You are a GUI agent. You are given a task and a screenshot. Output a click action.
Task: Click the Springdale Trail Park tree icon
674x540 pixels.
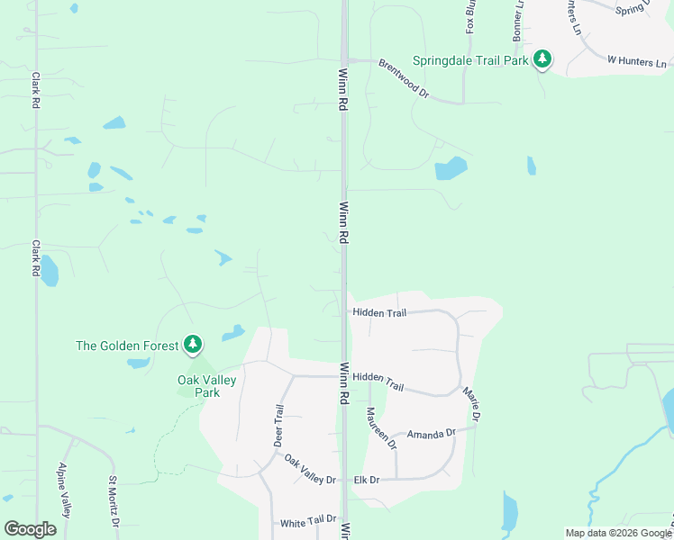click(x=542, y=60)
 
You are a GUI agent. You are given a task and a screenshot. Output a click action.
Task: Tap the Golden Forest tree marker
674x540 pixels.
click(x=192, y=344)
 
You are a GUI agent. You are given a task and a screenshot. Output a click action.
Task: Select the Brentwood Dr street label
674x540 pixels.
click(x=405, y=78)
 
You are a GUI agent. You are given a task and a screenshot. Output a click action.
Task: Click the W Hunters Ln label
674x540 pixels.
click(x=637, y=62)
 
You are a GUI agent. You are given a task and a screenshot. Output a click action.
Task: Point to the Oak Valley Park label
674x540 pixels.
click(x=206, y=386)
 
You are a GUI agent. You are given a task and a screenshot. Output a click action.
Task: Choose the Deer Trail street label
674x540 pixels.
click(x=279, y=425)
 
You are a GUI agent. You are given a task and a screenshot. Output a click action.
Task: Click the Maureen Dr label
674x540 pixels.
click(x=380, y=428)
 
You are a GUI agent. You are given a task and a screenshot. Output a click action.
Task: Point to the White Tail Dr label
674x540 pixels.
click(x=308, y=521)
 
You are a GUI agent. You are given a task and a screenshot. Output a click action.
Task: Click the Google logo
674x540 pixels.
click(x=30, y=529)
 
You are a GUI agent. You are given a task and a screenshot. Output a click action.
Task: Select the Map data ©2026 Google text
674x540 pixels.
click(x=617, y=533)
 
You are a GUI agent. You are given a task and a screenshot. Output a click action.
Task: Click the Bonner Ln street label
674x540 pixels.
click(x=520, y=27)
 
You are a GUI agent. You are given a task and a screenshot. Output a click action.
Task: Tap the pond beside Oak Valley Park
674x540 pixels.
click(x=233, y=332)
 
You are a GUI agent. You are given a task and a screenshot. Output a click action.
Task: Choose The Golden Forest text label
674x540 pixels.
click(x=127, y=345)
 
